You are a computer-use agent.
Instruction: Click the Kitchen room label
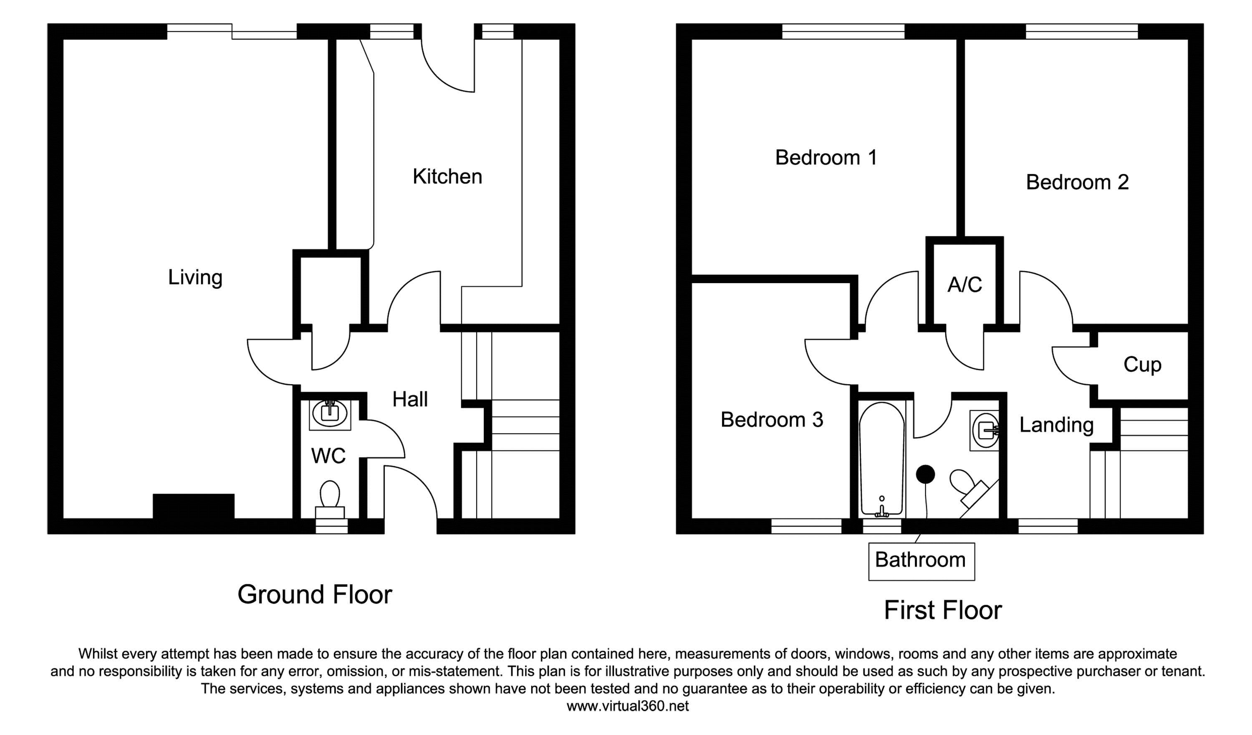(447, 177)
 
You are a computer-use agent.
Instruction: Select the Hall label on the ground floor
(410, 399)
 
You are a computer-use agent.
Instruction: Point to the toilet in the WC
(330, 499)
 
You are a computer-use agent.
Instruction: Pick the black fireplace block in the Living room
(193, 506)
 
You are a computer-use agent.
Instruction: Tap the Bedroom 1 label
(826, 157)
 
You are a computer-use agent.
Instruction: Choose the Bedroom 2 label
(1077, 182)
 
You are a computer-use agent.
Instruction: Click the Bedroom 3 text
(772, 420)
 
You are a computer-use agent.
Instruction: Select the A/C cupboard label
(965, 285)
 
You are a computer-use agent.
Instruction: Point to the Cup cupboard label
(1142, 365)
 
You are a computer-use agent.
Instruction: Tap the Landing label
(1057, 425)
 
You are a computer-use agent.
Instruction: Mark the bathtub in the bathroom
(881, 459)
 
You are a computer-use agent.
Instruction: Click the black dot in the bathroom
(926, 474)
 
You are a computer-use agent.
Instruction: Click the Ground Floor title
(315, 594)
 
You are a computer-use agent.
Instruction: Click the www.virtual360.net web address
(628, 707)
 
